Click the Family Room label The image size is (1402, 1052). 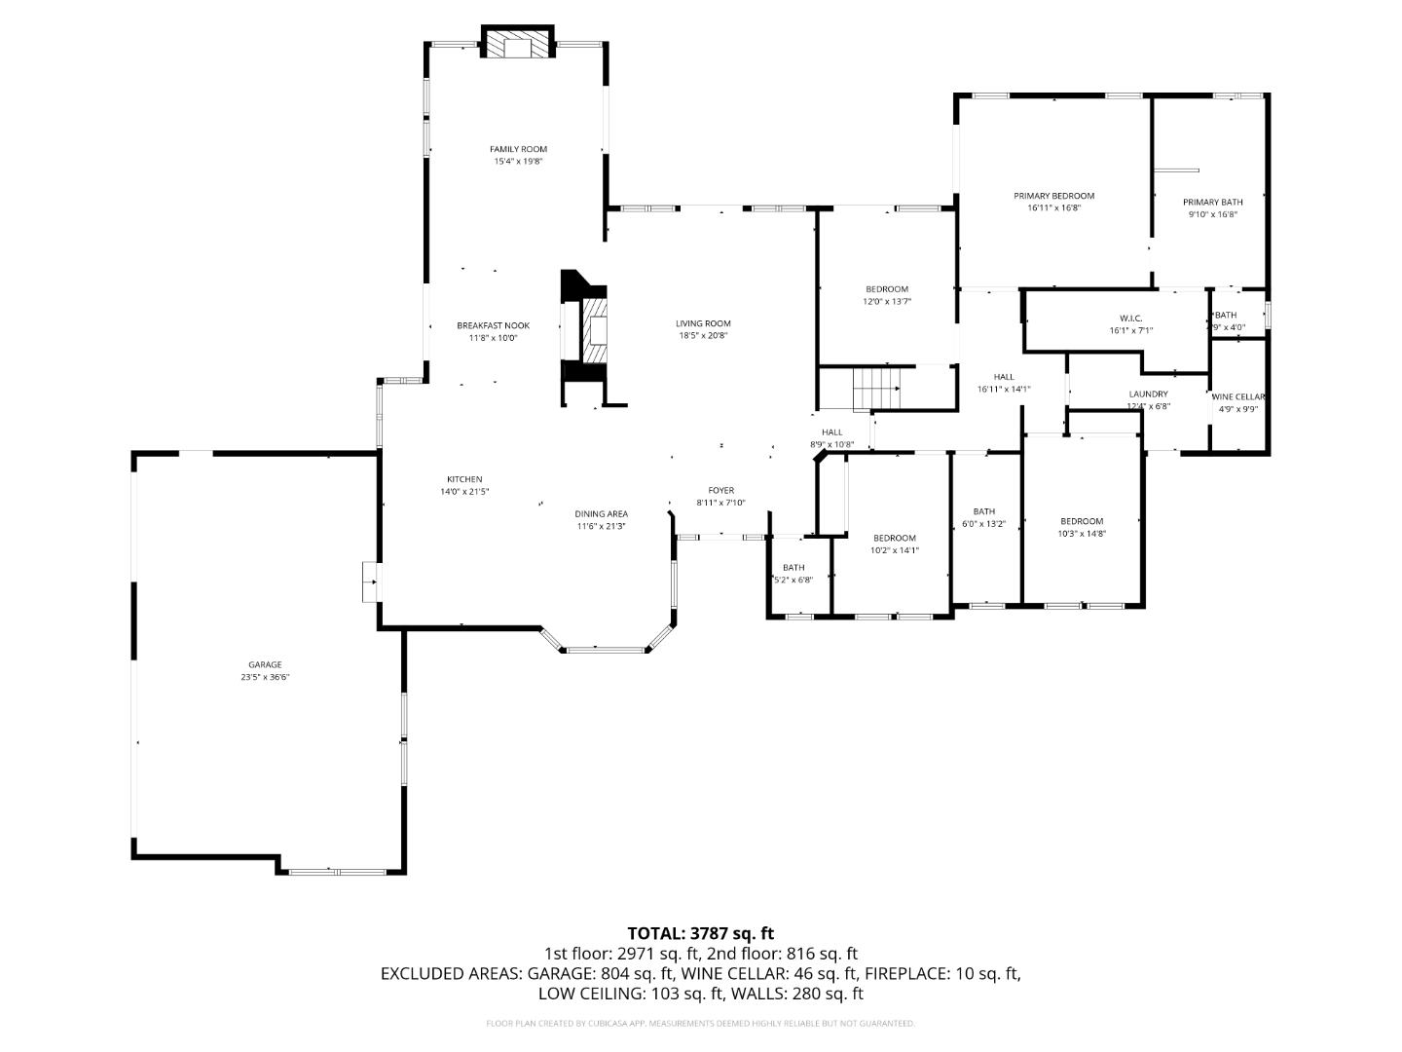518,149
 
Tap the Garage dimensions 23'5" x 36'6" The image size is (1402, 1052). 265,677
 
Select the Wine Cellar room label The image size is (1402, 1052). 1238,397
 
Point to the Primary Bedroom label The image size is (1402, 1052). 1053,196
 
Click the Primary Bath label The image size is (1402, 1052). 1212,203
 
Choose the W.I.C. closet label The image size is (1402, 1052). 1130,319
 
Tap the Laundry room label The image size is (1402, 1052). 1148,394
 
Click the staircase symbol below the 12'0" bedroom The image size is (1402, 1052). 876,389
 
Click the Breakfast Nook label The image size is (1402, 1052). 494,325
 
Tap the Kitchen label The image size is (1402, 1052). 464,479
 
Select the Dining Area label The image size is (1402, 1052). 601,514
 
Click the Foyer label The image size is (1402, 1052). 720,491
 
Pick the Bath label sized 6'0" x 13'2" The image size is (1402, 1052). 984,511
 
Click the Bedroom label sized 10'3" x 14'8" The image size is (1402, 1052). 1082,521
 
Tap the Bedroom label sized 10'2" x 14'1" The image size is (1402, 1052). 894,539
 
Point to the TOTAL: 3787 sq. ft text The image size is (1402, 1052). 700,933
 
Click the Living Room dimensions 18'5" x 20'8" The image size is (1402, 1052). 703,336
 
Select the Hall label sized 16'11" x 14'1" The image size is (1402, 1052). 1004,377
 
